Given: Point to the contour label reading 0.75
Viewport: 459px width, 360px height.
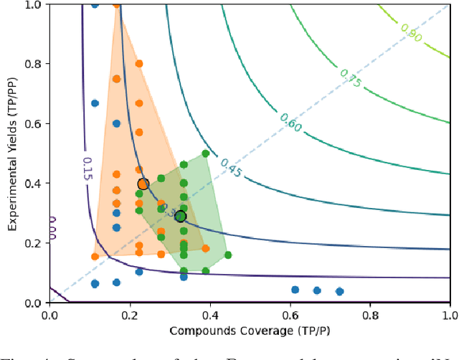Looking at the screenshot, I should pos(352,77).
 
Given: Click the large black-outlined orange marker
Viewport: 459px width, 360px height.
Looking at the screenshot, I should pos(143,184).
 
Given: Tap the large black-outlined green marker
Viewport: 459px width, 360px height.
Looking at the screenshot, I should pos(181,217).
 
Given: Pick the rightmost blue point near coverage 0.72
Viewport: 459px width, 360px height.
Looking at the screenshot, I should pos(340,292).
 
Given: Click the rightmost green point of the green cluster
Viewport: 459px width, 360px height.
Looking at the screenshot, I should pos(228,255).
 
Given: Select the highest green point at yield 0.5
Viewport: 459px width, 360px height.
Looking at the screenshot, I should pos(206,153).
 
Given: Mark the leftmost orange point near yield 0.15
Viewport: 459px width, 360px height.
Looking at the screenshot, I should pos(95,256).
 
